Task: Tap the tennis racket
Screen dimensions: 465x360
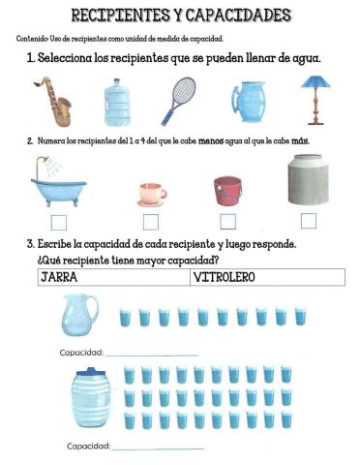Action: pos(179,100)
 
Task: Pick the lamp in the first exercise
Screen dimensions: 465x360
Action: pos(312,100)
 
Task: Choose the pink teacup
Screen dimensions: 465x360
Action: pos(151,193)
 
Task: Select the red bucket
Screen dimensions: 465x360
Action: pos(227,189)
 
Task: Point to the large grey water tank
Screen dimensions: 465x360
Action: pos(309,181)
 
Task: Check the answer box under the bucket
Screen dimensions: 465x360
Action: pos(228,221)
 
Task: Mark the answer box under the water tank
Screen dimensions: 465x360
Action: pos(309,221)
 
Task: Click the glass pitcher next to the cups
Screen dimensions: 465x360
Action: pos(78,315)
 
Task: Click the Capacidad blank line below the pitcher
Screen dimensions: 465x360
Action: pos(151,354)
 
